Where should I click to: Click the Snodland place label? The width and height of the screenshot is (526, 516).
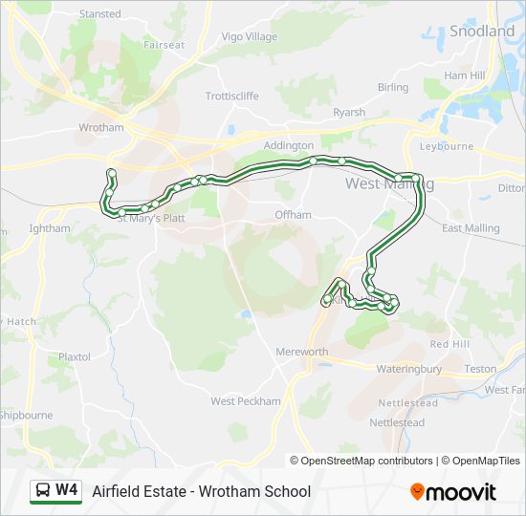click(x=482, y=32)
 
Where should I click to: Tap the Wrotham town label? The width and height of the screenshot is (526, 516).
click(x=101, y=128)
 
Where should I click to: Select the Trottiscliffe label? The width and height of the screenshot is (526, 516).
click(x=233, y=97)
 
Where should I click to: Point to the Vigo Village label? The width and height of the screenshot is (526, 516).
click(x=249, y=37)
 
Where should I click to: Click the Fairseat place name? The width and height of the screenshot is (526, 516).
click(x=164, y=45)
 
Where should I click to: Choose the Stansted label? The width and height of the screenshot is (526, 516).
click(x=99, y=14)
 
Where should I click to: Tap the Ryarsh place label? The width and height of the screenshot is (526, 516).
click(x=348, y=113)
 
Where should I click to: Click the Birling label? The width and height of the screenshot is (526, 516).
click(x=392, y=88)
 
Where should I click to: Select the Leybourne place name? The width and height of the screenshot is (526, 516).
click(x=446, y=147)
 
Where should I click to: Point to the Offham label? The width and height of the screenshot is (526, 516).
click(x=293, y=215)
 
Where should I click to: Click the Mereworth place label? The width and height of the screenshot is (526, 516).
click(x=301, y=352)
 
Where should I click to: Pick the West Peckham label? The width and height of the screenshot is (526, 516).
click(x=246, y=401)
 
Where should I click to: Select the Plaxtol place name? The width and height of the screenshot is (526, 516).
click(x=74, y=357)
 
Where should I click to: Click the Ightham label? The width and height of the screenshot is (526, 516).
click(x=50, y=229)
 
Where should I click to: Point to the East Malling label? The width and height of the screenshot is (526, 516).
click(x=471, y=228)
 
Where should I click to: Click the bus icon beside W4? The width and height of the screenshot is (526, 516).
click(x=43, y=491)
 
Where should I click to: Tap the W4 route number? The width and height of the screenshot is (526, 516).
click(x=67, y=491)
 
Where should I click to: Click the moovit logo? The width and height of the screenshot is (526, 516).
click(x=453, y=492)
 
